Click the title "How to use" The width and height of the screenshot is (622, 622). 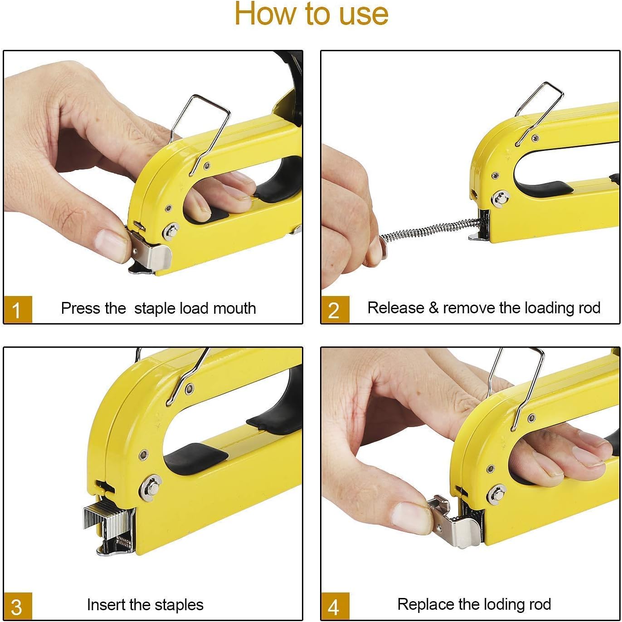(x=311, y=14)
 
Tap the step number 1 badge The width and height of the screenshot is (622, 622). (x=17, y=310)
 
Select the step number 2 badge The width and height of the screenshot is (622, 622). (x=335, y=310)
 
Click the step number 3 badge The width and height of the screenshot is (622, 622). (x=17, y=606)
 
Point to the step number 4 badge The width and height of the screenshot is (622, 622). (x=335, y=606)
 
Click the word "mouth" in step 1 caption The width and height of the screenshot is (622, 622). (x=234, y=308)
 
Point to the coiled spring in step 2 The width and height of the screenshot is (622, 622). (x=428, y=230)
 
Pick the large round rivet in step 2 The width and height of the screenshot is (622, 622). (x=500, y=198)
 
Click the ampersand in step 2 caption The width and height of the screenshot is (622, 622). (x=433, y=308)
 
